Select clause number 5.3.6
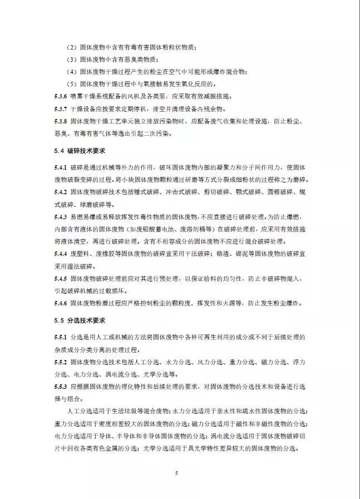[60, 96]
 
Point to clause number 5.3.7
[60, 108]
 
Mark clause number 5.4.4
[60, 254]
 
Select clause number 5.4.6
[60, 303]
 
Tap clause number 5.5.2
[60, 362]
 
